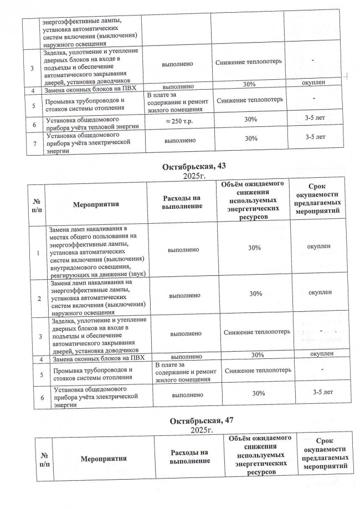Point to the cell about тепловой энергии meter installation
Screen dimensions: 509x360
(91, 123)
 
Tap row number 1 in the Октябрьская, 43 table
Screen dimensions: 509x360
(38, 253)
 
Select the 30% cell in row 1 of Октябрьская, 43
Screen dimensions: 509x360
(255, 248)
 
